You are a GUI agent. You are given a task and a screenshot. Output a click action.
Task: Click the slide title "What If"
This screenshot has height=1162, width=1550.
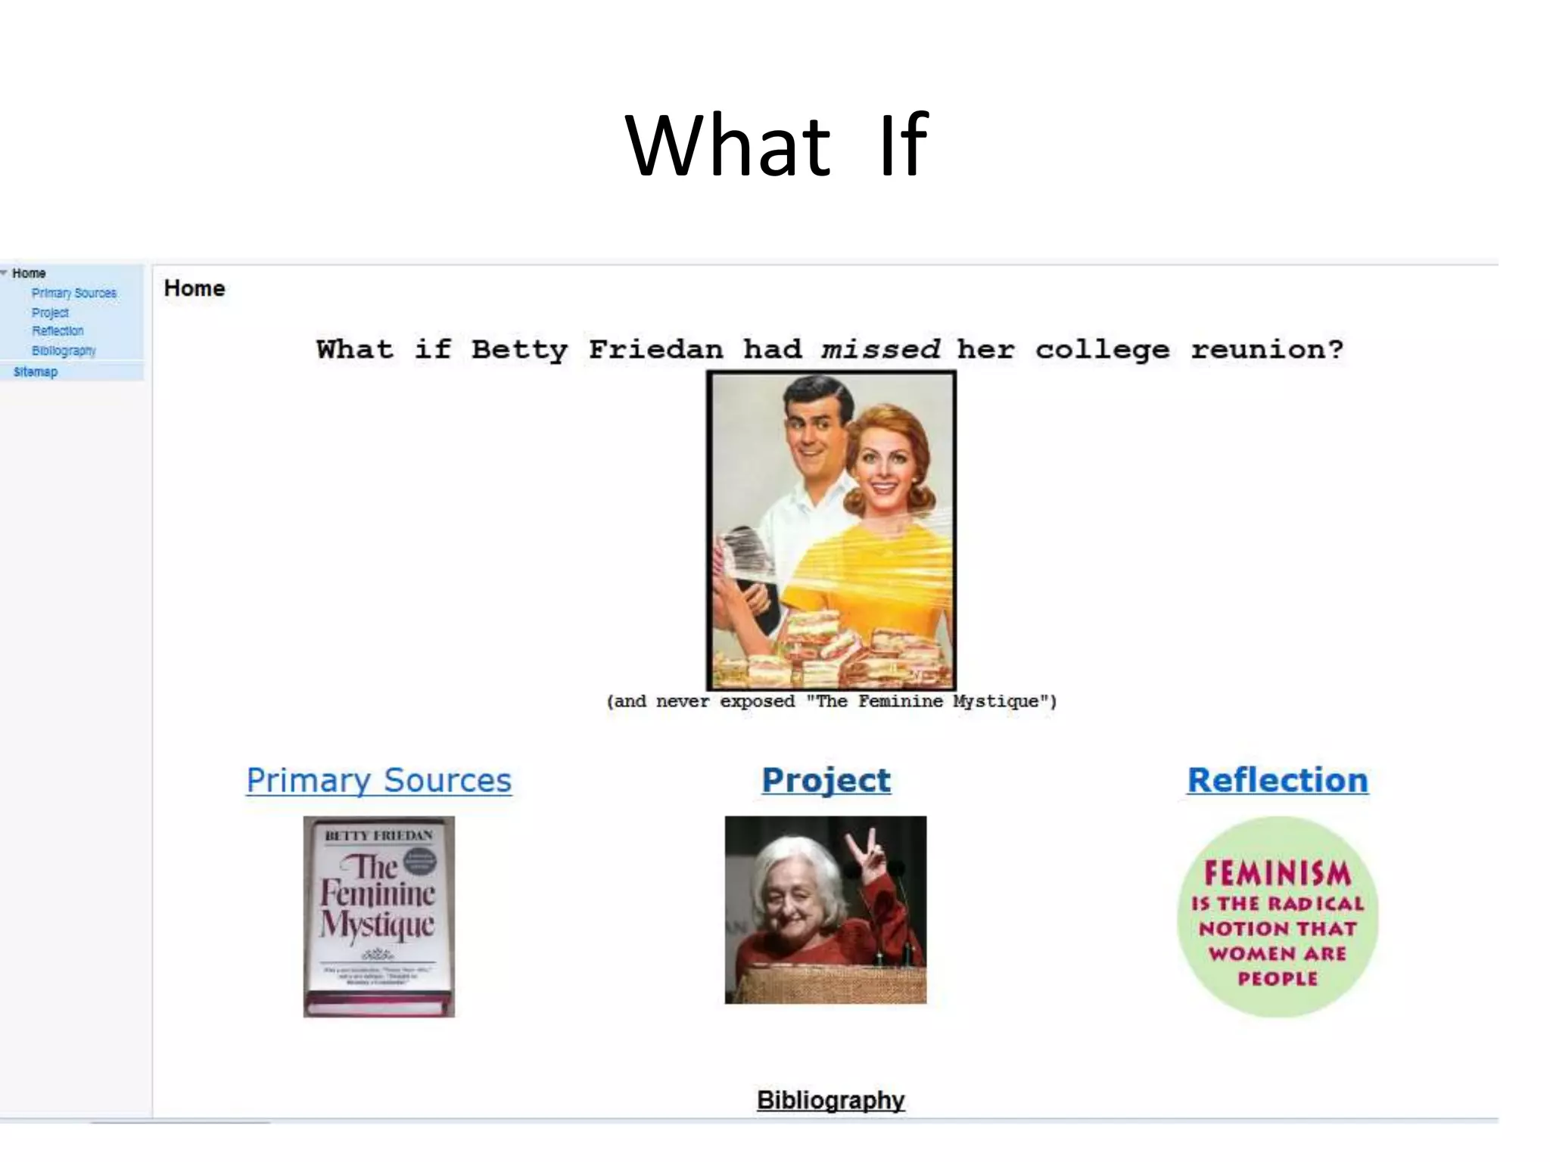(777, 145)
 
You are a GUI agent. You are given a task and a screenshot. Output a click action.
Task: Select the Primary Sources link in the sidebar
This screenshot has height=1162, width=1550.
(74, 293)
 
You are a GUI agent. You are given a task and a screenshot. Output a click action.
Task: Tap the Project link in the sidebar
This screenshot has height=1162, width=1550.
(50, 312)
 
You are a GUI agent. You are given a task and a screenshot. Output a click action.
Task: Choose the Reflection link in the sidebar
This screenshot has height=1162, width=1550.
(58, 331)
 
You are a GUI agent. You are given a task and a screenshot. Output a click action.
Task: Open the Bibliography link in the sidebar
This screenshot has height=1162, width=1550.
(64, 350)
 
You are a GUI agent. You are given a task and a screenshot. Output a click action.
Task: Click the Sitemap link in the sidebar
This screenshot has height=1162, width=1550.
(36, 371)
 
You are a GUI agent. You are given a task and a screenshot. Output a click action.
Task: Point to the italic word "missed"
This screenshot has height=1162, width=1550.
(881, 350)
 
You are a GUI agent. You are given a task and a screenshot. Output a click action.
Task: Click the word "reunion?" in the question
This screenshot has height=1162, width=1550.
(1266, 350)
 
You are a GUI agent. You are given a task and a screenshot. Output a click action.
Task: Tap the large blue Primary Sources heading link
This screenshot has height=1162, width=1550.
(379, 780)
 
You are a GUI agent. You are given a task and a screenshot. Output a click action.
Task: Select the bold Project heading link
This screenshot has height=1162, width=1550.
(826, 780)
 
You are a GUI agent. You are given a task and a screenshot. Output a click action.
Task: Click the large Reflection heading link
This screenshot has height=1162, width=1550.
(1278, 780)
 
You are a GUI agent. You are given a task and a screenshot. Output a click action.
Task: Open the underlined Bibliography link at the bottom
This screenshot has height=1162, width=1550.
(830, 1099)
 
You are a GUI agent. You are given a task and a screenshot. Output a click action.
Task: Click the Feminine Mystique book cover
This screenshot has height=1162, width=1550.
(379, 916)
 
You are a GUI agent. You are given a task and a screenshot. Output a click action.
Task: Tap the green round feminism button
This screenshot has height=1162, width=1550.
(1278, 916)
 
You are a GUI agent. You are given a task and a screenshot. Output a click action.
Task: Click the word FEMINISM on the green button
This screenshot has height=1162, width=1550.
(1278, 873)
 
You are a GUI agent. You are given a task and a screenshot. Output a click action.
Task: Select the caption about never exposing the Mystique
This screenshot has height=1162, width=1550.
(831, 701)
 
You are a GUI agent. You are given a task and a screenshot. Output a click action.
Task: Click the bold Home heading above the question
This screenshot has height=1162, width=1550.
(195, 288)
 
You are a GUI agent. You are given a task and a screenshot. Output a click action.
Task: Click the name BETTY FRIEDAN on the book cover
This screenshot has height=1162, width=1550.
(378, 835)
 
